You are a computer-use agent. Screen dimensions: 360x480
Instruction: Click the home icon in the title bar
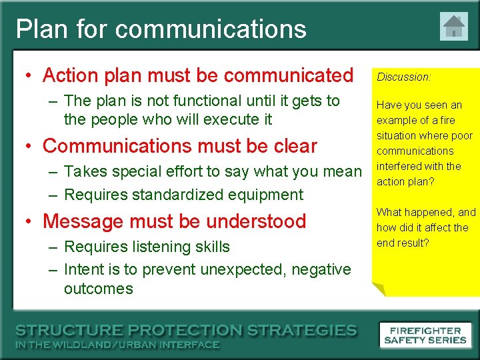tap(453, 27)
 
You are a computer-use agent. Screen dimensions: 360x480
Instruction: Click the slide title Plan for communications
tap(161, 29)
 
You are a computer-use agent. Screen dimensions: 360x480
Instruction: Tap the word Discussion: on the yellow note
tap(403, 77)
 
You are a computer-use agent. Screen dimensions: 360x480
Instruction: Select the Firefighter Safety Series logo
tap(425, 335)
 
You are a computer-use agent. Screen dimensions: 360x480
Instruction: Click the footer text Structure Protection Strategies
tap(186, 331)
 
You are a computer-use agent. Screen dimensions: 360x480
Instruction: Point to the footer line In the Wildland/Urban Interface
tap(117, 345)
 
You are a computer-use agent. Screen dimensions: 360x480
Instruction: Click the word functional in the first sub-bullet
tap(207, 101)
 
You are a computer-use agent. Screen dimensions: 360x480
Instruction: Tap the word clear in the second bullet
tap(293, 146)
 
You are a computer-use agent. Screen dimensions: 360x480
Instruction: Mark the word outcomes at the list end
tap(98, 289)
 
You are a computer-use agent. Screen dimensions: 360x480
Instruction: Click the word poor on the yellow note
tap(461, 135)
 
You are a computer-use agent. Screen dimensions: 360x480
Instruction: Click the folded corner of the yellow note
tap(378, 289)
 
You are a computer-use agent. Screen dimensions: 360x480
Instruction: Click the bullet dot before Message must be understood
tap(29, 221)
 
